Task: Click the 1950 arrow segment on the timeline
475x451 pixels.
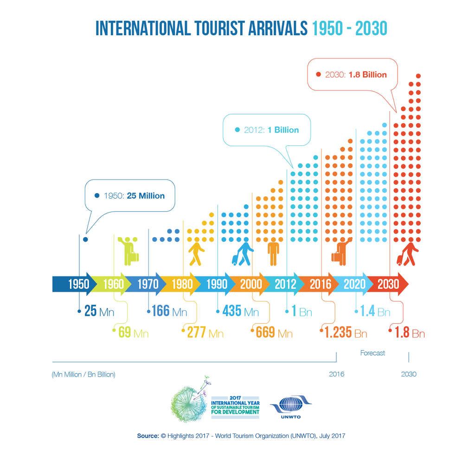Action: (74, 284)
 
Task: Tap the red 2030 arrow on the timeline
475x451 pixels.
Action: (390, 284)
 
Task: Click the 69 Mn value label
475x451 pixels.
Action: (131, 332)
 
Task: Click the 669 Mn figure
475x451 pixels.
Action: (274, 332)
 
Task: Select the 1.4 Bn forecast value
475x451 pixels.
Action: (375, 311)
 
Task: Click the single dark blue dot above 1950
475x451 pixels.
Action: (85, 239)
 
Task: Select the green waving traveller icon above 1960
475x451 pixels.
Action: (128, 250)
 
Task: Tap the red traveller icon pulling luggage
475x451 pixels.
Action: (407, 254)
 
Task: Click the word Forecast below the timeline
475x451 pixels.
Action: (372, 353)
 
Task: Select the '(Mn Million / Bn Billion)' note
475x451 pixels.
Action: (83, 374)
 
